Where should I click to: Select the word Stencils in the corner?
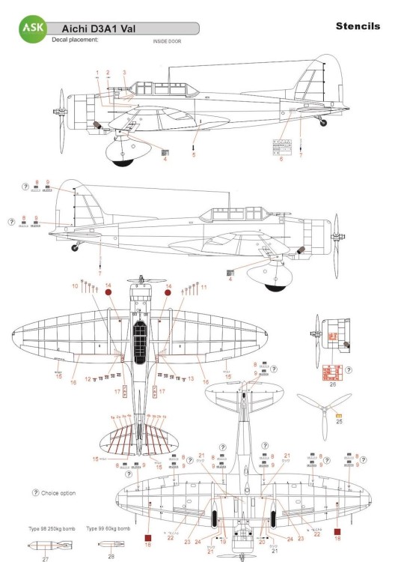(x=359, y=27)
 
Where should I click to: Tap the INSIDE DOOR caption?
(x=165, y=40)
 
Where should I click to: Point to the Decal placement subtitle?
(x=75, y=40)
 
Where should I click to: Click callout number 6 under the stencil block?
(x=281, y=159)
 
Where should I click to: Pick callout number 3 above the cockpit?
(x=124, y=72)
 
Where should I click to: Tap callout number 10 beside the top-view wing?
(x=75, y=286)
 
